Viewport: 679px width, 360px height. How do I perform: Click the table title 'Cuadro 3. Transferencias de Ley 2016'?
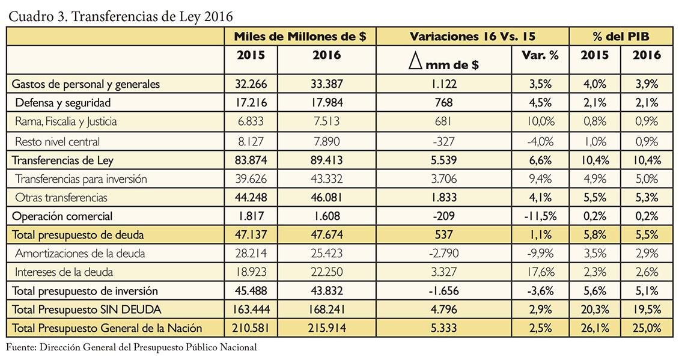click(x=121, y=16)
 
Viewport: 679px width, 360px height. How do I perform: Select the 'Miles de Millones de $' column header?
click(x=300, y=37)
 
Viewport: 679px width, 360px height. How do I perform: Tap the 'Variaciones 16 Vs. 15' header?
click(x=472, y=37)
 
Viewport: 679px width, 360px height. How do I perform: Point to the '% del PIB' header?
click(x=621, y=37)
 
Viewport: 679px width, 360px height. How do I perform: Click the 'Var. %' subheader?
click(x=540, y=55)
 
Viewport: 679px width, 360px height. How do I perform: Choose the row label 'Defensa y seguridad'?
click(x=62, y=103)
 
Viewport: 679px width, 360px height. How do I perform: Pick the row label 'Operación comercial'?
click(x=62, y=216)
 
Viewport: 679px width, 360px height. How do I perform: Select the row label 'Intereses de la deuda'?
click(x=64, y=272)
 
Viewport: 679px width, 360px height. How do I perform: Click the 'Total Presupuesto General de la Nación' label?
click(x=107, y=328)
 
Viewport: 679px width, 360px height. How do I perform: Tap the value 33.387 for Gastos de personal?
click(x=326, y=84)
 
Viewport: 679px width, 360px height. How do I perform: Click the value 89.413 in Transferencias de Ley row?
click(x=326, y=160)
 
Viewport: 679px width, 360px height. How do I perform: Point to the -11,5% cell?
click(x=540, y=216)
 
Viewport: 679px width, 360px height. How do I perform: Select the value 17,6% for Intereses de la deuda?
click(x=541, y=272)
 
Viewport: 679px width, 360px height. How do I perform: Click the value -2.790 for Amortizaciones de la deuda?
click(x=443, y=254)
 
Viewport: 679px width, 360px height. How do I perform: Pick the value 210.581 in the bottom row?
click(x=251, y=328)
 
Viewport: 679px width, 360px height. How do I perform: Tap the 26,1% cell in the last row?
click(x=594, y=328)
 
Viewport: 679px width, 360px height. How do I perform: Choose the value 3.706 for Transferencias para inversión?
click(x=444, y=179)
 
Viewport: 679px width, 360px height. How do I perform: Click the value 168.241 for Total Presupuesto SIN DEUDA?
click(x=326, y=310)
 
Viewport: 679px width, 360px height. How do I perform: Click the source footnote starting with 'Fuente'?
click(x=131, y=347)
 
